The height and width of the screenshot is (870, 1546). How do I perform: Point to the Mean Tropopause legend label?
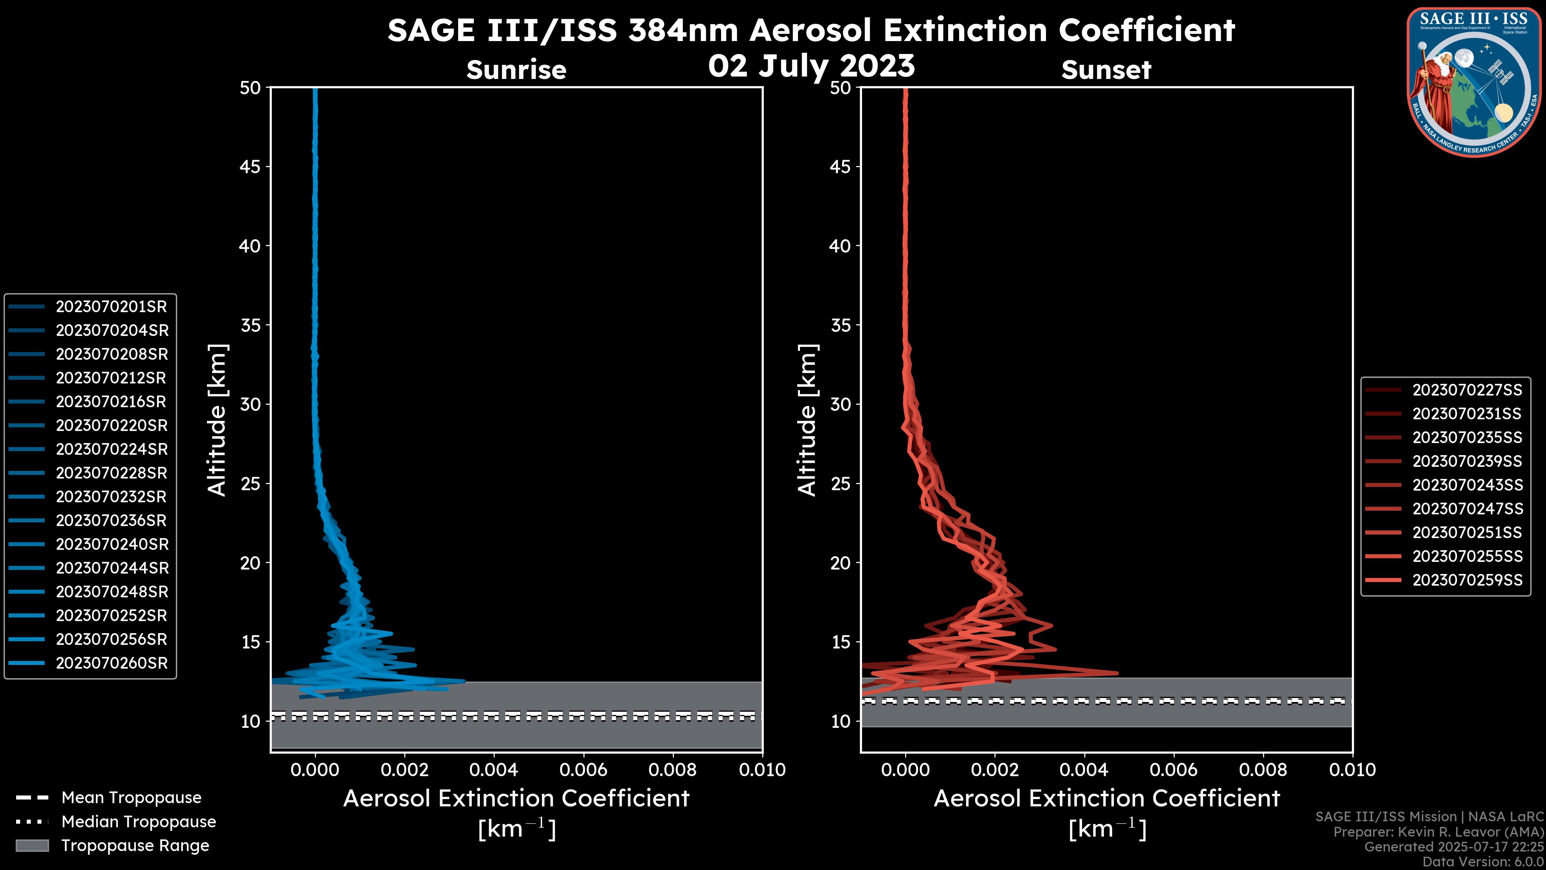point(131,798)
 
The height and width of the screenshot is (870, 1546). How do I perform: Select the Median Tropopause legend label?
point(138,822)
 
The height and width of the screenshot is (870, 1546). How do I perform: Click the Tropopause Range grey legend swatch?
point(32,845)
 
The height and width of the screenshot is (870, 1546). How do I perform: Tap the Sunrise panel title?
point(516,70)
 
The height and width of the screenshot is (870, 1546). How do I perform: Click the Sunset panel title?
point(1106,70)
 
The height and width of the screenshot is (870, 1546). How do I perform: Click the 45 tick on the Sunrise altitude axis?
point(250,167)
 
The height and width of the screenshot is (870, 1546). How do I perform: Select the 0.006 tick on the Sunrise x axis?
point(583,770)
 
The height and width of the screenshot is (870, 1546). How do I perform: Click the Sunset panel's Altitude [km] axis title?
point(807,420)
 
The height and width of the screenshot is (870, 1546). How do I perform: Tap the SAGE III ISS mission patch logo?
point(1476,82)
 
